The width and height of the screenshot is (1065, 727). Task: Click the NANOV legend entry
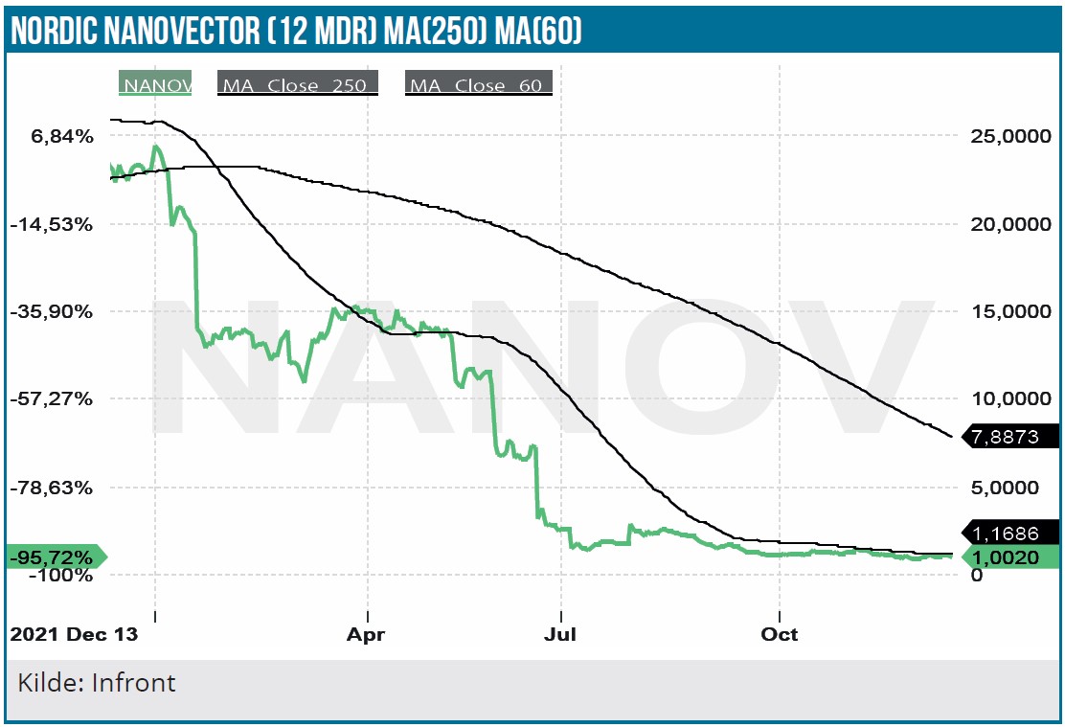[x=156, y=83]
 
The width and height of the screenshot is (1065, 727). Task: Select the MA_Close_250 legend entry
[x=298, y=84]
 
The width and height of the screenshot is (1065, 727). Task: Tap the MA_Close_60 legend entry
[x=479, y=84]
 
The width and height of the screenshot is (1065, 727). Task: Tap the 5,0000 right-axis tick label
[x=1009, y=488]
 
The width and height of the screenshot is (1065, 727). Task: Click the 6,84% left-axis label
[x=63, y=137]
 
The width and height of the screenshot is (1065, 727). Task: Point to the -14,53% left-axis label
[x=57, y=224]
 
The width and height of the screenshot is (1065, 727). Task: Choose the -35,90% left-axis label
[x=57, y=312]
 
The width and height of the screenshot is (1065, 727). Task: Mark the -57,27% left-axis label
[x=57, y=399]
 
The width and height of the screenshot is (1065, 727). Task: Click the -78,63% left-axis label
[x=57, y=488]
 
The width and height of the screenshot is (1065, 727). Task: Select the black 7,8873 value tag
[x=1009, y=436]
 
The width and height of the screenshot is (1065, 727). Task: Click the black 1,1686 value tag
[x=1009, y=532]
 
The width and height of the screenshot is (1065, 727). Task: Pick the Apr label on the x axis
[x=366, y=634]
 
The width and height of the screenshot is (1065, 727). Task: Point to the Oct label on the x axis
[x=781, y=634]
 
